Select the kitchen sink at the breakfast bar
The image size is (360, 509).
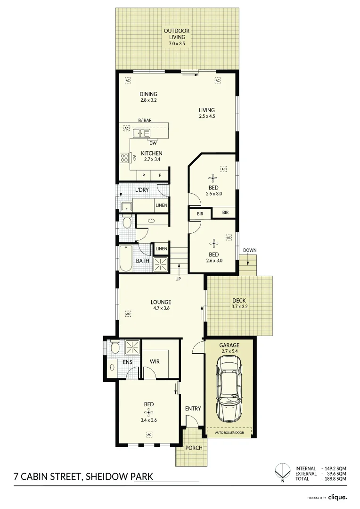pyautogui.click(x=140, y=134)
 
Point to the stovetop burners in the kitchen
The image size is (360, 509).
pyautogui.click(x=124, y=158)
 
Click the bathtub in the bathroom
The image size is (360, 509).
pyautogui.click(x=126, y=259)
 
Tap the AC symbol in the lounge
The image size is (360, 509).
pyautogui.click(x=127, y=313)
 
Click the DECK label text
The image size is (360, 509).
pyautogui.click(x=239, y=301)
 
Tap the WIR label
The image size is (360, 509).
pyautogui.click(x=155, y=361)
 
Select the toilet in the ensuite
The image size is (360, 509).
pyautogui.click(x=114, y=348)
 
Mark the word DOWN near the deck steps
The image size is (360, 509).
pyautogui.click(x=250, y=250)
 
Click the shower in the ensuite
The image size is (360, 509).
pyautogui.click(x=133, y=347)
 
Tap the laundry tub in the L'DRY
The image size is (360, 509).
pyautogui.click(x=126, y=205)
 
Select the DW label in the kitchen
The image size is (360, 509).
pyautogui.click(x=153, y=143)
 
